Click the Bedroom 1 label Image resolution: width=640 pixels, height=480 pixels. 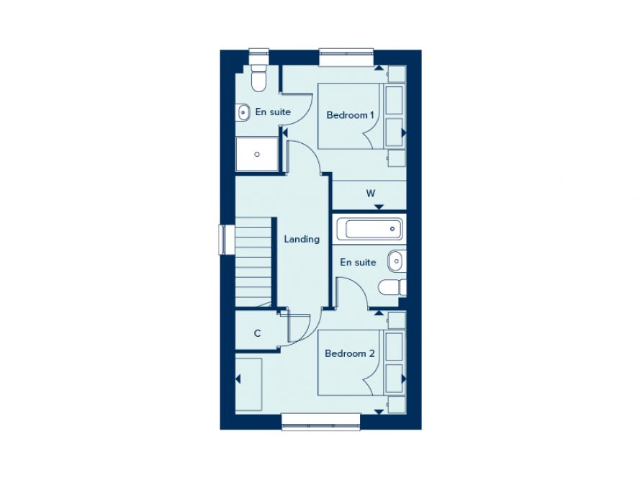(351, 115)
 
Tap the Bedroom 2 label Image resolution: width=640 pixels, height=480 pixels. (350, 353)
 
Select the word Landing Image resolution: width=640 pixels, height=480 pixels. (302, 239)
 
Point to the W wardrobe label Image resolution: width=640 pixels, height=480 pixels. (371, 193)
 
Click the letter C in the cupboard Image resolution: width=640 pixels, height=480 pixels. (257, 334)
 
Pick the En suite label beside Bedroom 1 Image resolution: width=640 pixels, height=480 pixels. (273, 112)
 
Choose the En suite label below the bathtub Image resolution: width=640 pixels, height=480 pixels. (358, 262)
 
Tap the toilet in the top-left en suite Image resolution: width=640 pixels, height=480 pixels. (258, 79)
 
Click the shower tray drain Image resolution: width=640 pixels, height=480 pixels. (257, 154)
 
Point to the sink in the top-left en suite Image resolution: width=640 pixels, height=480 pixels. (243, 112)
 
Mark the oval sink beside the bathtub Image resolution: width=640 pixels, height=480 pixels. (395, 260)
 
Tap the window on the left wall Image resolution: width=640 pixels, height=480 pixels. (224, 240)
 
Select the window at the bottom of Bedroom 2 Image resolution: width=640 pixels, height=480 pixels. (320, 421)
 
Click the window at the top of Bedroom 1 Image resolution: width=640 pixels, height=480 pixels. (346, 57)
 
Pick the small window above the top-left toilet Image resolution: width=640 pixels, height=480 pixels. (258, 55)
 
